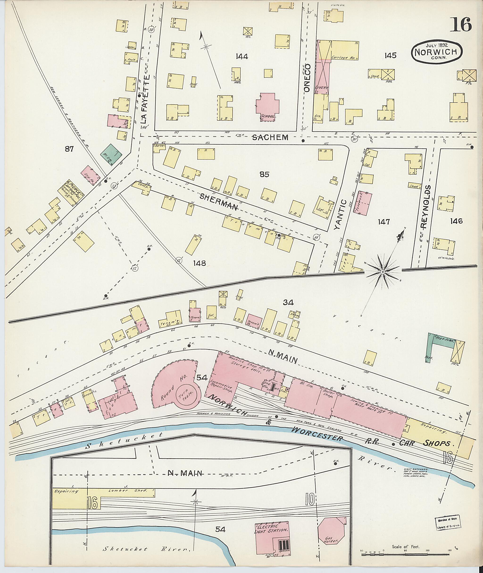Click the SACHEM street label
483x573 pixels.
click(x=270, y=138)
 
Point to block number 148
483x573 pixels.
click(x=199, y=263)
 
